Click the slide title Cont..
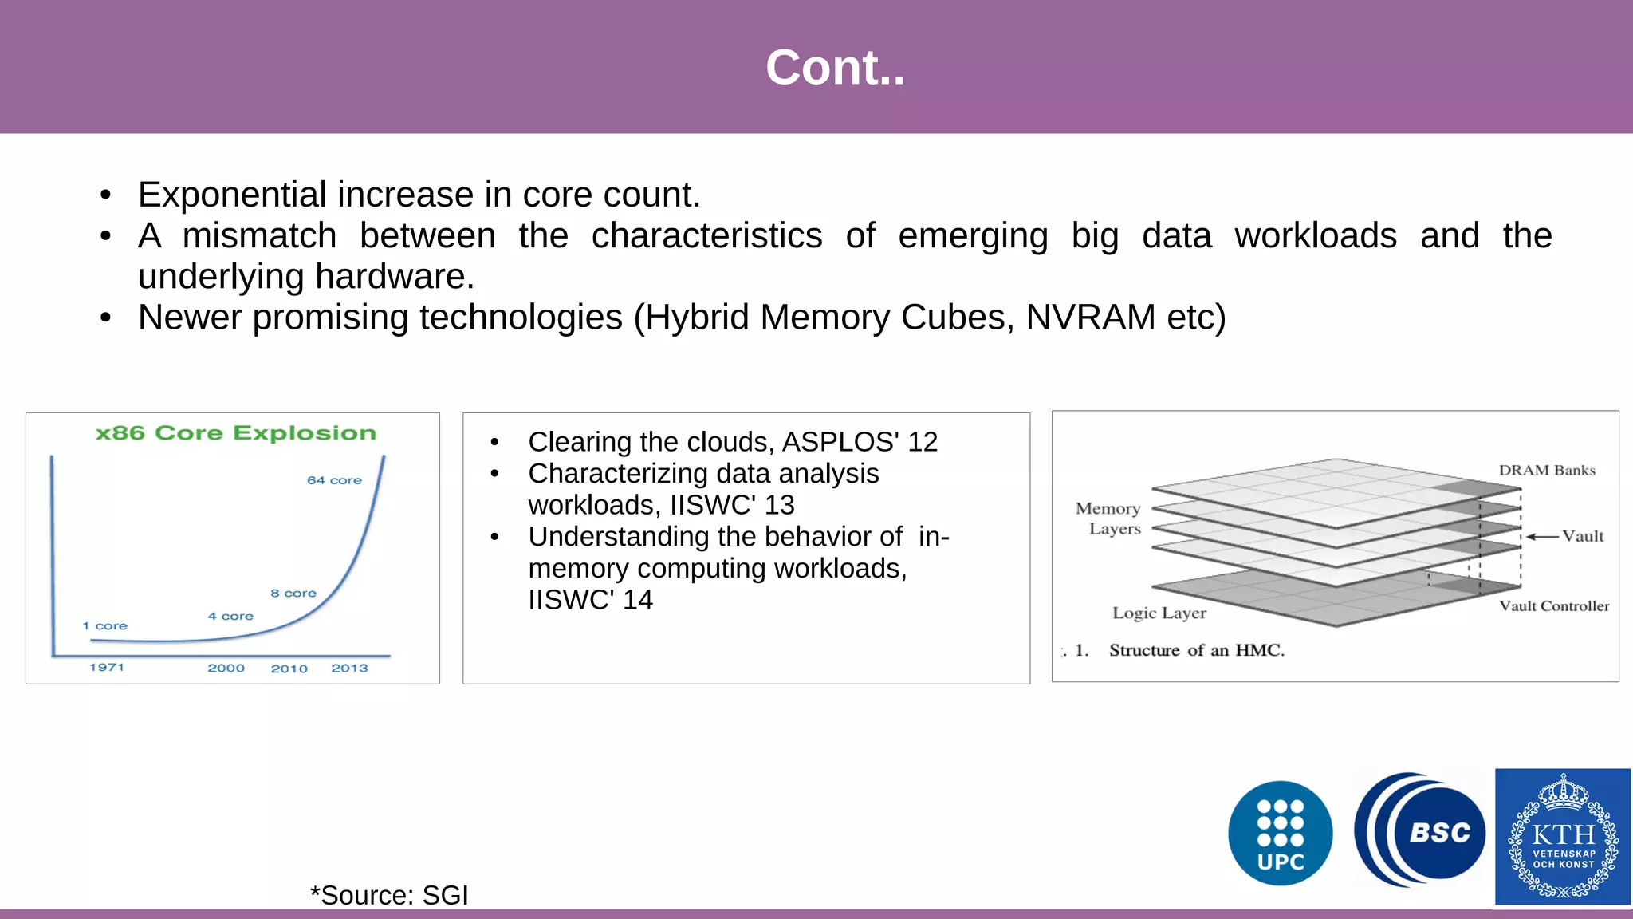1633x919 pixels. [835, 67]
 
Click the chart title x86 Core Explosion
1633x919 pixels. [235, 433]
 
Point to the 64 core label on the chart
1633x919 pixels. [334, 480]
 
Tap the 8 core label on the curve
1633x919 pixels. [293, 593]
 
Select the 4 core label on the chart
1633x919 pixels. [230, 616]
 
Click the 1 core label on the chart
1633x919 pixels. [104, 625]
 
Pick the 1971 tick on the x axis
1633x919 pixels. [107, 667]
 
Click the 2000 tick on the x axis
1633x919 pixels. [226, 668]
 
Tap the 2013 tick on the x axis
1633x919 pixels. [349, 668]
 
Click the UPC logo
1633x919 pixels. [1280, 833]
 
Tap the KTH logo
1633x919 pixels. [1562, 836]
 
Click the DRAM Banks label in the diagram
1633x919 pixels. [1547, 470]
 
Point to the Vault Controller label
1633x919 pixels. [1553, 605]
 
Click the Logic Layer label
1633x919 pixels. [1159, 613]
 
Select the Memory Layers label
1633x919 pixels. [1109, 518]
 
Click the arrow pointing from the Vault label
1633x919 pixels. [1542, 537]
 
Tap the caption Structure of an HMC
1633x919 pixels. [1196, 650]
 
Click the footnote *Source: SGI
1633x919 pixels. [388, 895]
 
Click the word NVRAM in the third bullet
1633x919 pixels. [1090, 317]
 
